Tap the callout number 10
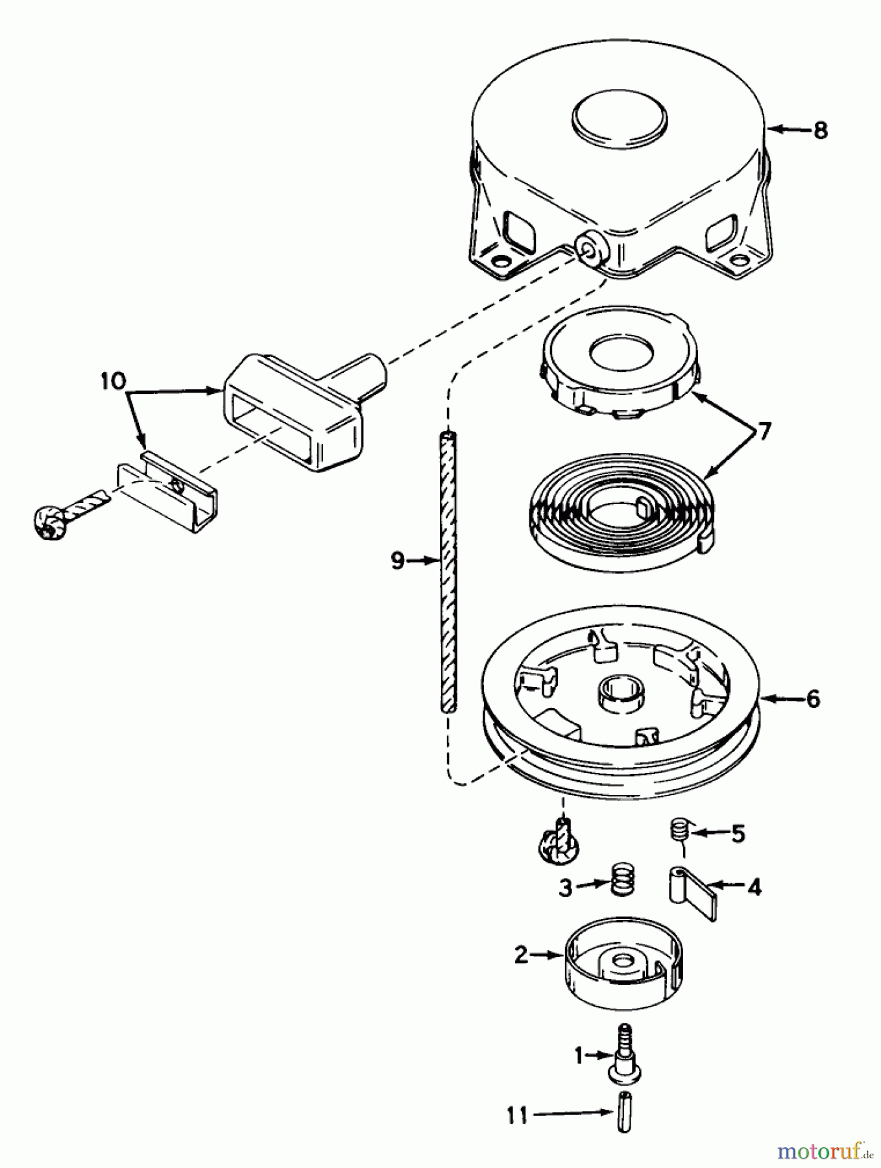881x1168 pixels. coord(114,381)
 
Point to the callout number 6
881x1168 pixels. coord(813,699)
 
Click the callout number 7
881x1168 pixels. coord(764,431)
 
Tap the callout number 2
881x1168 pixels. coord(522,955)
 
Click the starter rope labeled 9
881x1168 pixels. coord(448,572)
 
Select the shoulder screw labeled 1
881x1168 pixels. coord(624,1054)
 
